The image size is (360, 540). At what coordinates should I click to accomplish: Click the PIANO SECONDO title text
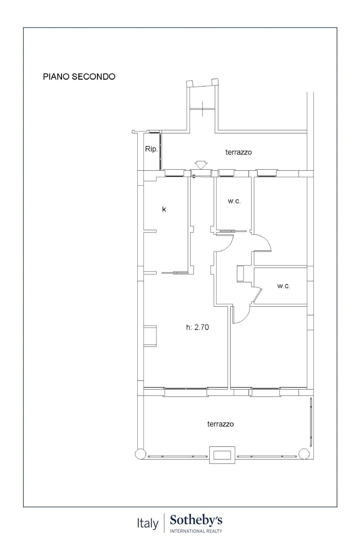pos(79,76)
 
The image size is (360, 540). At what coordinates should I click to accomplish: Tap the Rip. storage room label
pos(151,149)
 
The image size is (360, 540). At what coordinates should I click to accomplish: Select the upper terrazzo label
pos(238,152)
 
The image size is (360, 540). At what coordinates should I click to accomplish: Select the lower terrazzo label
pos(220,424)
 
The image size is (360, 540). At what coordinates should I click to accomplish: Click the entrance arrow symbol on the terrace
pos(201,165)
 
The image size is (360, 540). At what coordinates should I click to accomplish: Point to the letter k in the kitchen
pos(164,209)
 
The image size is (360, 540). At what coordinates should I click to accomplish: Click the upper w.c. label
pos(234,201)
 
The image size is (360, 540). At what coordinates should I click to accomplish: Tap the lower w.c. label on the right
pos(283,286)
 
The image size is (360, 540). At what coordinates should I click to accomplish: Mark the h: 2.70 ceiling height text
pos(197,327)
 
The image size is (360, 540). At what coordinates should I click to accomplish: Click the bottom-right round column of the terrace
pos(304,454)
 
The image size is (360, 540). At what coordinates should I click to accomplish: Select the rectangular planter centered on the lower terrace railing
pos(222,455)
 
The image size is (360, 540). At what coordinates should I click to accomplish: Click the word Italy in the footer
pos(148,524)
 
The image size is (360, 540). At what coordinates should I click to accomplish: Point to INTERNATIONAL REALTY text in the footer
pos(196,531)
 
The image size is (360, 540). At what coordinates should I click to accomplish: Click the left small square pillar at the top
pos(190,83)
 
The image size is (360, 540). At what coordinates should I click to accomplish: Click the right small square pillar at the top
pos(215,82)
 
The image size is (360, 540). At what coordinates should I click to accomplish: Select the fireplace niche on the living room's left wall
pos(150,336)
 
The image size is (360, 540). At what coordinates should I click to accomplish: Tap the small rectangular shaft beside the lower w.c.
pos(241,273)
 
